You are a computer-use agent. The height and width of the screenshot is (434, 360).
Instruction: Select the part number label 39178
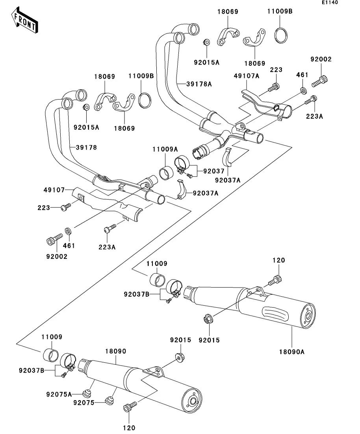coord(86,147)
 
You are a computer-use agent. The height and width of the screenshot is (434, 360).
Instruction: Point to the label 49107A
coord(247,76)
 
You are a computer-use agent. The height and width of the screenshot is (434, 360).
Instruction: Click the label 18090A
coord(292,352)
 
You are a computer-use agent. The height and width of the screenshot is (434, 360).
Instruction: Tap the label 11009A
coord(165,149)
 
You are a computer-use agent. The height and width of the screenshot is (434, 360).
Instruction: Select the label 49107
coord(54,190)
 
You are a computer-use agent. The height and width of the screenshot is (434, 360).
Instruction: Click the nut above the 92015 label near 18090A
coord(208,319)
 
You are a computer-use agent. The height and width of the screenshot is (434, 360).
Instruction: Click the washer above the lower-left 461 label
coord(68,230)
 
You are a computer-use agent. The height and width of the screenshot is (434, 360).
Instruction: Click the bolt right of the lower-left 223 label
coord(66,206)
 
